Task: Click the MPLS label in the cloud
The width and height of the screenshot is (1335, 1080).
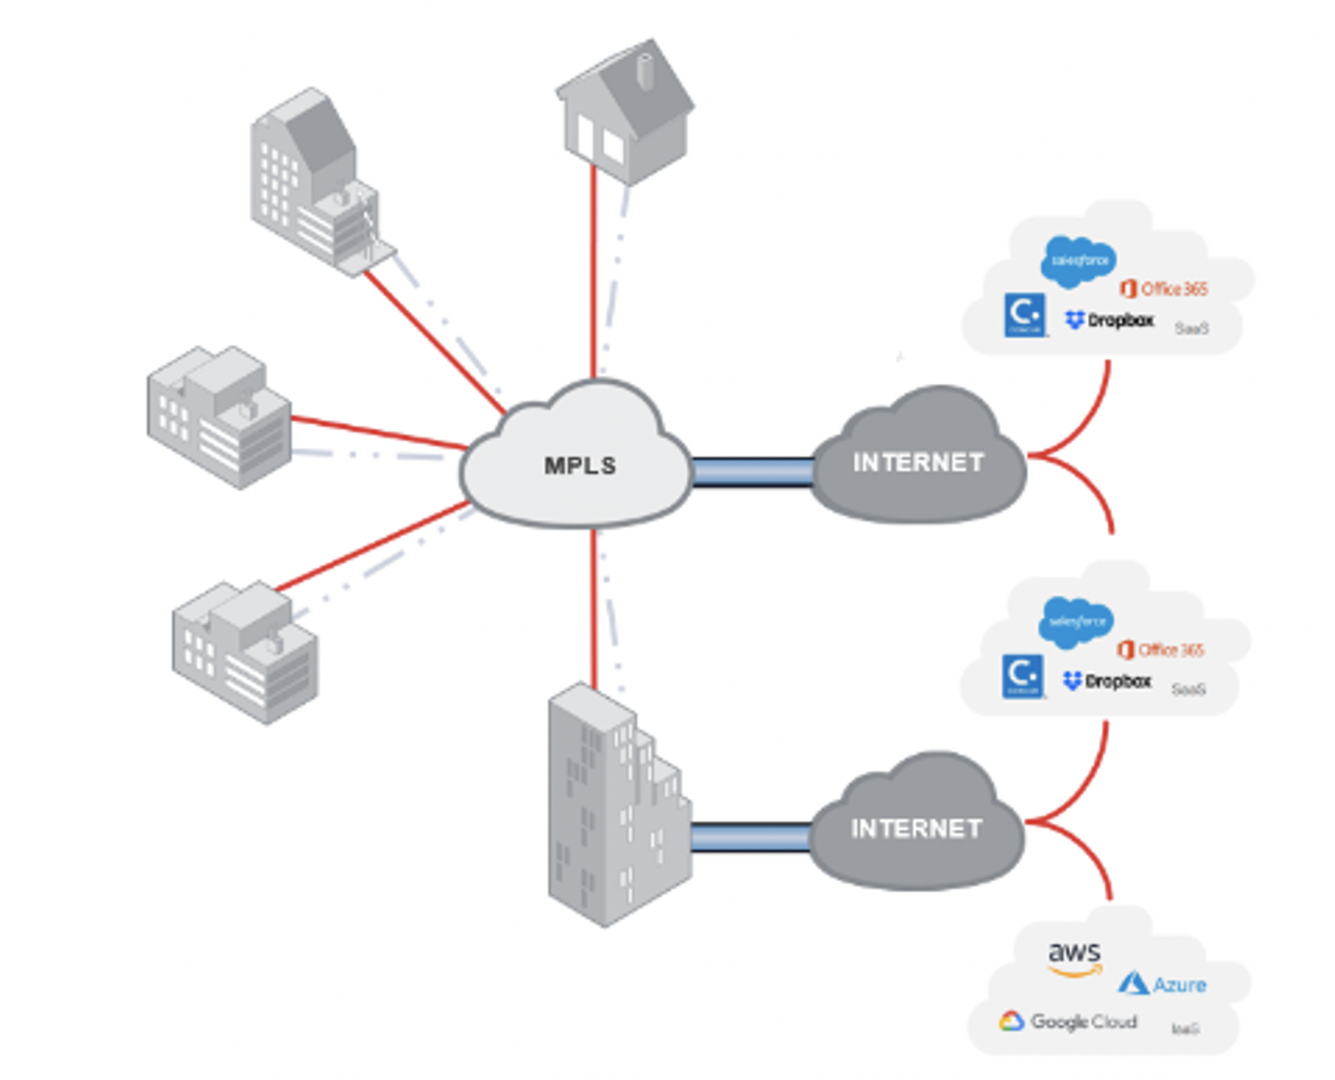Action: (x=580, y=466)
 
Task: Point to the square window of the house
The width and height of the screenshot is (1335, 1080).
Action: (x=613, y=147)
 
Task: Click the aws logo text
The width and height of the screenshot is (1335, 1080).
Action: (x=1075, y=953)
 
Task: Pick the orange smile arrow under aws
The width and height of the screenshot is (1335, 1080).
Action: (x=1075, y=971)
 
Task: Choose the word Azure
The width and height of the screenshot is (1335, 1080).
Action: (x=1179, y=985)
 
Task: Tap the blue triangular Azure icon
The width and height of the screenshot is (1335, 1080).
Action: (x=1133, y=983)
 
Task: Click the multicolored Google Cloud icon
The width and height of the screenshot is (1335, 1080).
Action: (x=1011, y=1022)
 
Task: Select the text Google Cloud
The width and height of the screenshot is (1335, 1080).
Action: (x=1084, y=1022)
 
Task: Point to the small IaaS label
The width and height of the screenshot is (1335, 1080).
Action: (x=1185, y=1029)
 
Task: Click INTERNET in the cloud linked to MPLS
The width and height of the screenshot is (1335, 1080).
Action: (x=918, y=463)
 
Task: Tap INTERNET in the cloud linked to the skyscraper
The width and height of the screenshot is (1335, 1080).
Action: (x=916, y=829)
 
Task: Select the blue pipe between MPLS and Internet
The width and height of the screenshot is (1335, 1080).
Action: (x=753, y=472)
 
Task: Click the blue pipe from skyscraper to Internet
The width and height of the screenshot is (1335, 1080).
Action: (x=750, y=837)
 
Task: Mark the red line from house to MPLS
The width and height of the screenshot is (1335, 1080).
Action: (x=593, y=270)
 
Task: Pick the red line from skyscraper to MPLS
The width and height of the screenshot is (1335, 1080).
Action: (x=593, y=608)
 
